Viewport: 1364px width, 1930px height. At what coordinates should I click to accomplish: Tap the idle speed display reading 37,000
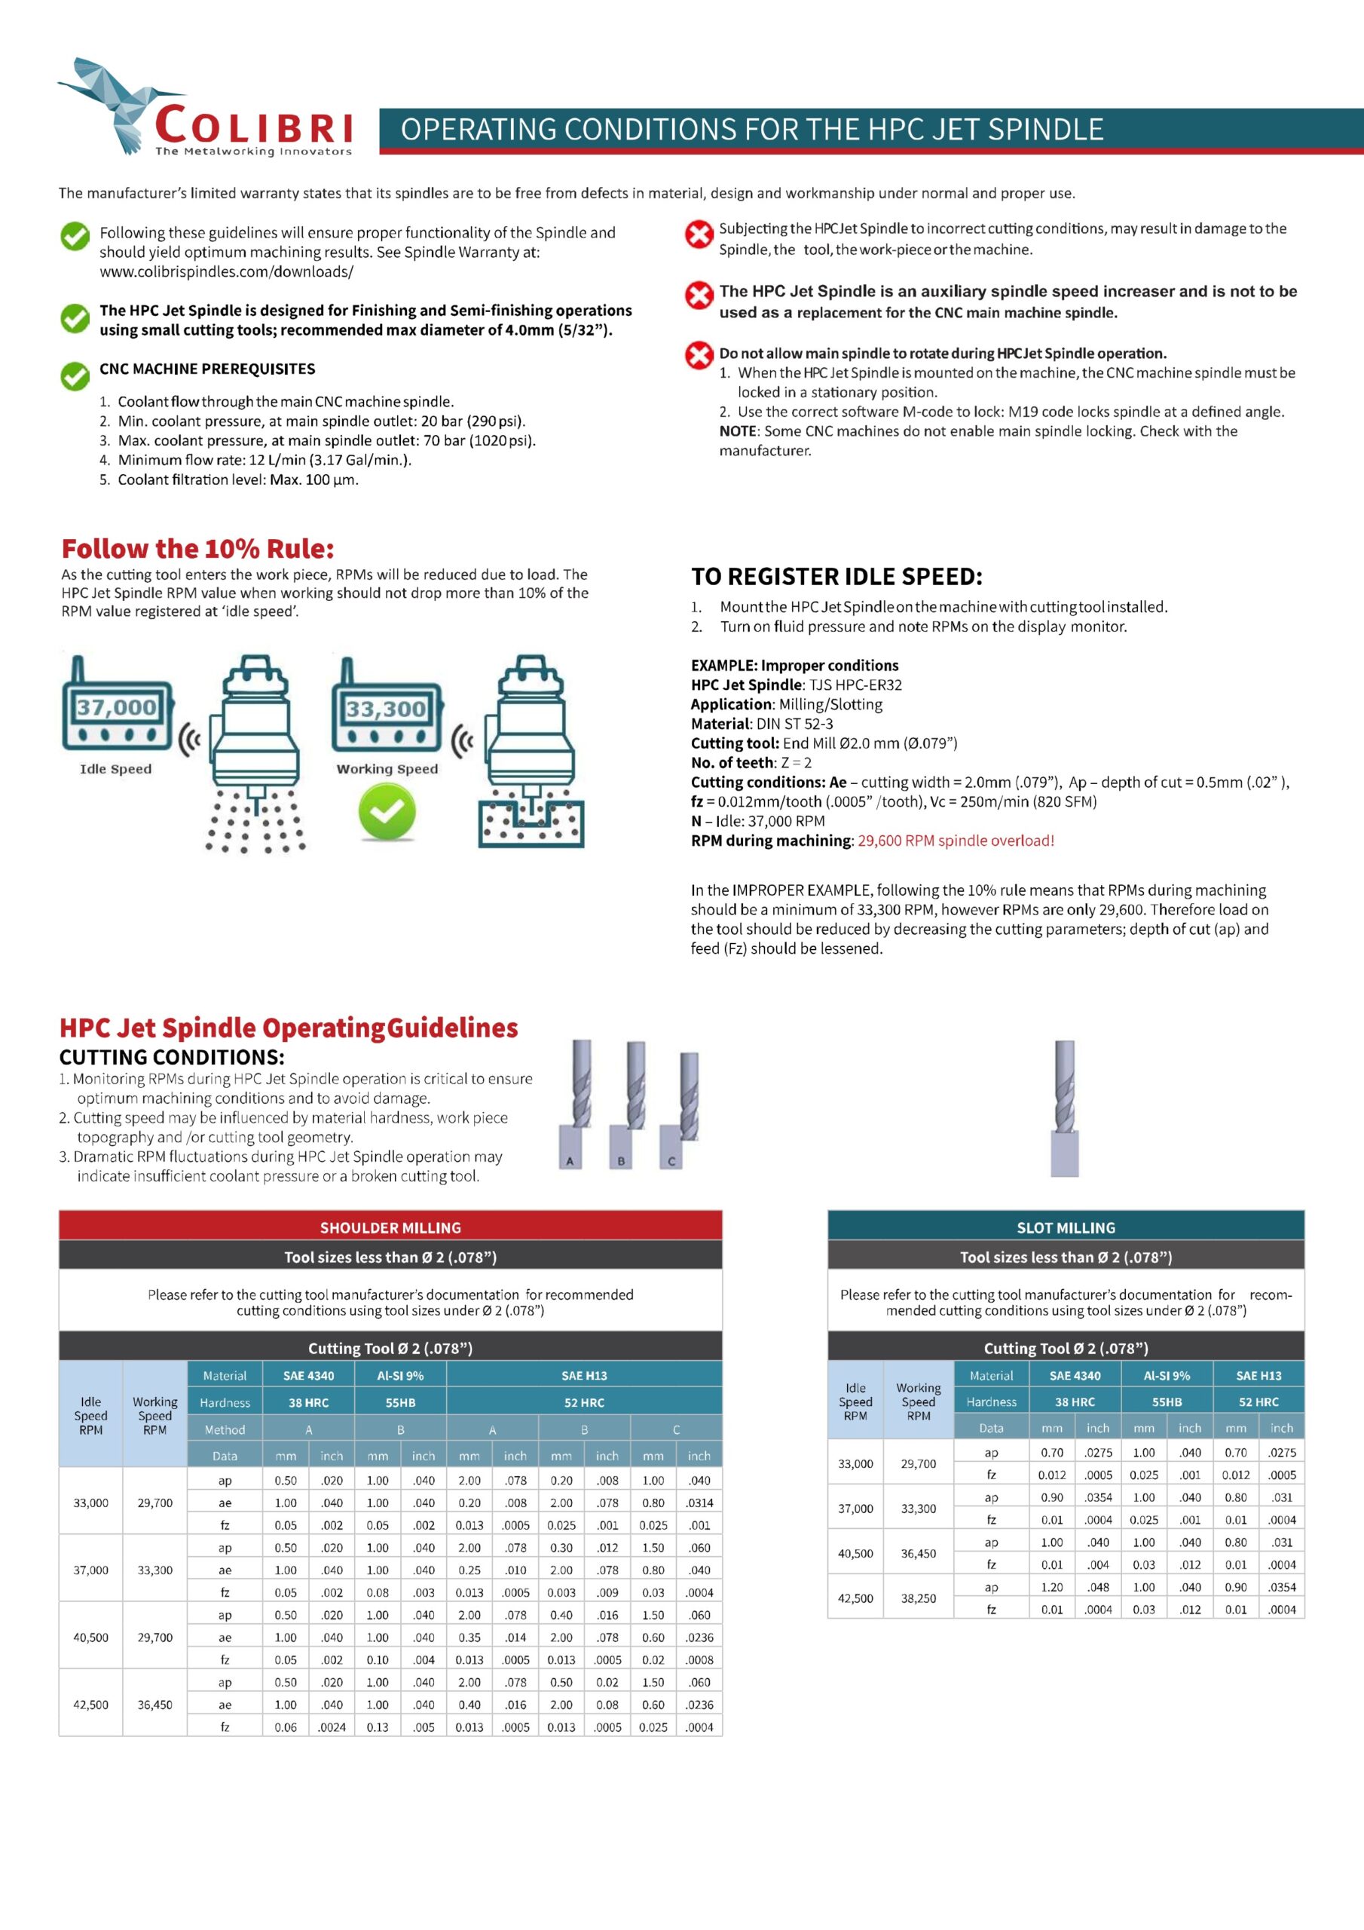(117, 707)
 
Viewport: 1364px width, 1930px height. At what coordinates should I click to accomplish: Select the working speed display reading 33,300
(386, 709)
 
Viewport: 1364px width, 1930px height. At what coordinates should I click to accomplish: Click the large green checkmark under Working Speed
(387, 811)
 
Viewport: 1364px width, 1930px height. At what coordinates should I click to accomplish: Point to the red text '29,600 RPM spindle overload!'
(956, 841)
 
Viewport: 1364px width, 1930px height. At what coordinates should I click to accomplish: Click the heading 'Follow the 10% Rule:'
(197, 549)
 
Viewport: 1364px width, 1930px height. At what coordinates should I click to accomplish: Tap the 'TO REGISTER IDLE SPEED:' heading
(836, 577)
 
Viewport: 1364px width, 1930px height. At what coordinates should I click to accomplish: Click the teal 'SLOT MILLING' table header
(1066, 1227)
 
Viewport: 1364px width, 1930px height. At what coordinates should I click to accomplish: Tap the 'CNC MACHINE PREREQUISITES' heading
(207, 369)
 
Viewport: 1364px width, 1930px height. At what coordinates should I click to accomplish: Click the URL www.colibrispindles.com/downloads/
(226, 271)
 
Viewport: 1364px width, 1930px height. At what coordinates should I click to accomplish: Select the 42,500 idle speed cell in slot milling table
(855, 1598)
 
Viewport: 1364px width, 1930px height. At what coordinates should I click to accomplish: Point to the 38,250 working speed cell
(918, 1598)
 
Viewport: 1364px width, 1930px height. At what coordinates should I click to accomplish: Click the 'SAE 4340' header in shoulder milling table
(308, 1375)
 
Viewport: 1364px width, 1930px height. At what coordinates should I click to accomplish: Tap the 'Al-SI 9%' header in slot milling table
(1167, 1375)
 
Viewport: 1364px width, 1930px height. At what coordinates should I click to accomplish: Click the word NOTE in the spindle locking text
(739, 431)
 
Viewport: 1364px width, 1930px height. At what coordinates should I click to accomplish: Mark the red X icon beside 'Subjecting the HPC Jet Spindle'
(699, 234)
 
